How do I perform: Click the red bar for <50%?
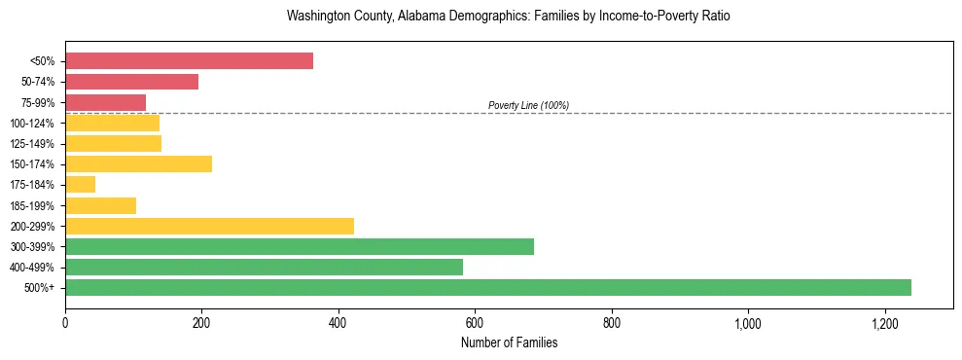click(x=189, y=61)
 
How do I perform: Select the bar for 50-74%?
click(x=131, y=82)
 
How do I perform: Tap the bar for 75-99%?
click(x=105, y=102)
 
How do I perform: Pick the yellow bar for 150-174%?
click(x=138, y=164)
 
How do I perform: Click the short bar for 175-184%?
click(x=80, y=185)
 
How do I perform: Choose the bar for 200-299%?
click(x=209, y=226)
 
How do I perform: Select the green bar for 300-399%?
click(x=300, y=246)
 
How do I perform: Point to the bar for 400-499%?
click(x=264, y=267)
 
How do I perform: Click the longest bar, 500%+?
click(x=488, y=287)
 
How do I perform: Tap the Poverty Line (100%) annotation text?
click(x=528, y=105)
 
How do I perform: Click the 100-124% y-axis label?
click(x=32, y=124)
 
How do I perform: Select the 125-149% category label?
click(x=32, y=144)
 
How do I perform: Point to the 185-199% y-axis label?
click(x=32, y=206)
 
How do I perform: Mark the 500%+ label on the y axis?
click(x=40, y=288)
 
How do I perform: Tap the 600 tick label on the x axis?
click(x=475, y=323)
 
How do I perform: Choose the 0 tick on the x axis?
click(x=65, y=323)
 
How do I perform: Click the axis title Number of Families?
click(x=509, y=342)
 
